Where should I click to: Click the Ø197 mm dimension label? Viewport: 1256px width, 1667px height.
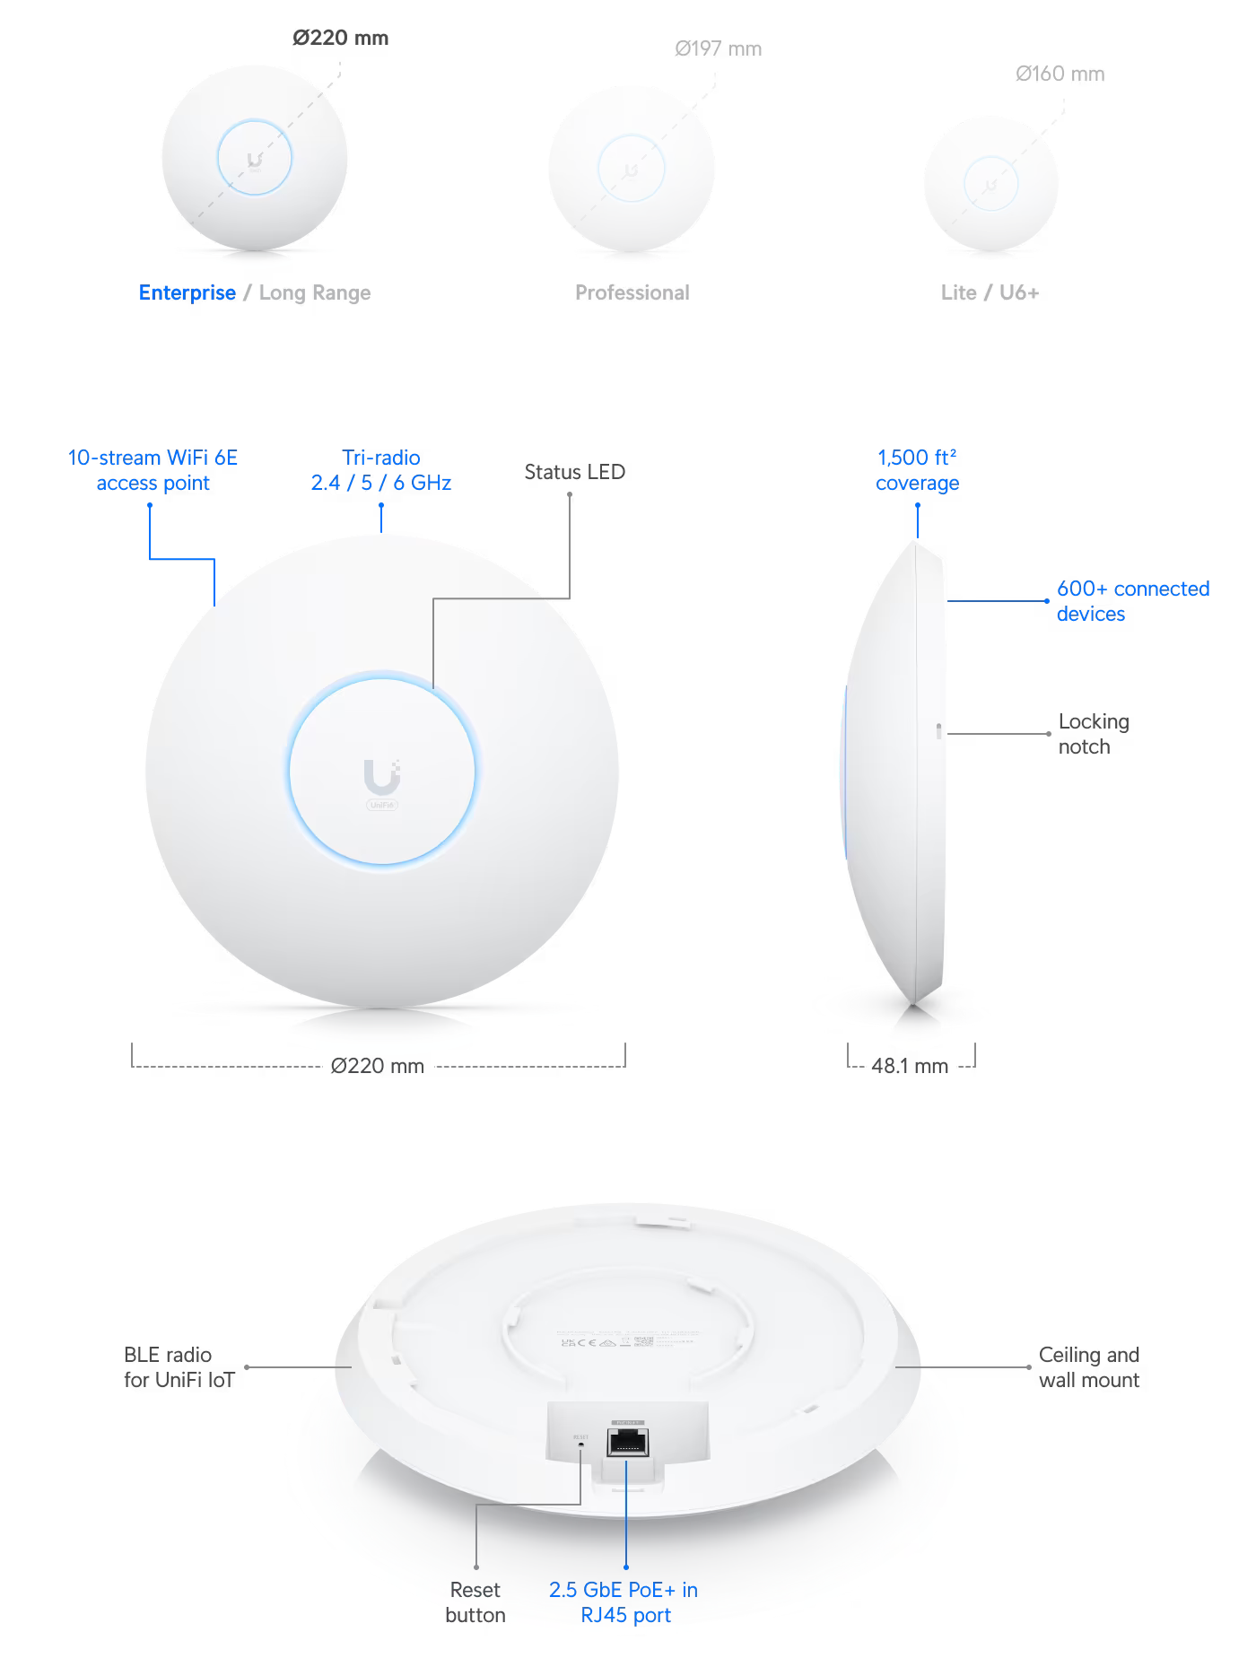click(718, 48)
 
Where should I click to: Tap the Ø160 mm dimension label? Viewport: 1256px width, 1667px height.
click(1060, 74)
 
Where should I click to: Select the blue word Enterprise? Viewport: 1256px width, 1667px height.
click(188, 292)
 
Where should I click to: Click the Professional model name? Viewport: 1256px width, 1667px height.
click(632, 292)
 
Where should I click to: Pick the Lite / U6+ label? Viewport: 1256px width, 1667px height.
click(990, 292)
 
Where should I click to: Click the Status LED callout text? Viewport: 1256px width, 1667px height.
click(574, 472)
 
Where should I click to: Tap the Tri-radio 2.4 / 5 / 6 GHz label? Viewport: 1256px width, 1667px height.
click(380, 470)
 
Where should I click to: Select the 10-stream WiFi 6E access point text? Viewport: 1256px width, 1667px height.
click(153, 470)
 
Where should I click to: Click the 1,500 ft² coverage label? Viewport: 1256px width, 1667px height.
click(917, 470)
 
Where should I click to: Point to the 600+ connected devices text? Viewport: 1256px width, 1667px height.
click(1132, 601)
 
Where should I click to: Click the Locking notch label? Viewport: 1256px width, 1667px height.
click(1093, 734)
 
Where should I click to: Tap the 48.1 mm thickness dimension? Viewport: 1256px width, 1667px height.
click(910, 1066)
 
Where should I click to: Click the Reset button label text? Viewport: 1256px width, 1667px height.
click(475, 1602)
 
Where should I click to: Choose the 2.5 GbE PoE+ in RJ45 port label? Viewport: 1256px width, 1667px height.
click(624, 1602)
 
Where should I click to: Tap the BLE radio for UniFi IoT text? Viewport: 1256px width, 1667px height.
click(178, 1367)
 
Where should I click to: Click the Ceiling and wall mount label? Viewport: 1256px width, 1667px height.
click(1088, 1367)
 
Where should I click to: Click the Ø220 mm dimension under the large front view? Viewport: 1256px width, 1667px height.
click(377, 1066)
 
